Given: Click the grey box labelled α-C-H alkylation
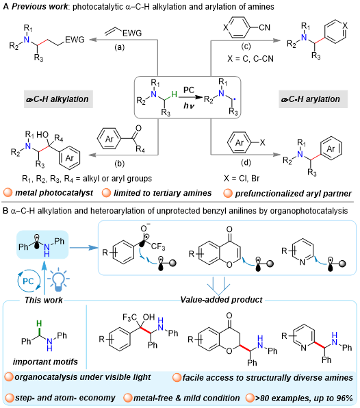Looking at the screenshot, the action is [59, 99].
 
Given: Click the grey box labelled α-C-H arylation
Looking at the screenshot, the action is [313, 99].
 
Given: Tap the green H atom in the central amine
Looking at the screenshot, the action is [174, 94].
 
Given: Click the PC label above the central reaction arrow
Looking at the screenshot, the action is [189, 90].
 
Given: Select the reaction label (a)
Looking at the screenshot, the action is [120, 47].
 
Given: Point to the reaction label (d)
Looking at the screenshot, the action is [246, 163].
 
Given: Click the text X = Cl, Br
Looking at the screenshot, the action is [242, 178].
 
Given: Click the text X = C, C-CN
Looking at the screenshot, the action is [250, 59].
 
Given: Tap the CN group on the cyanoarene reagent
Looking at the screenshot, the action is [265, 27].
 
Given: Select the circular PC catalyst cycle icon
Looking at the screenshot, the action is [29, 281].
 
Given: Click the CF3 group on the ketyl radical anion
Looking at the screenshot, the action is [158, 246].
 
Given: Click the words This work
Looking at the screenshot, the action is [43, 300].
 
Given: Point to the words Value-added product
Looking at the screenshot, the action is [221, 300].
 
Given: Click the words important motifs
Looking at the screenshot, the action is [45, 361].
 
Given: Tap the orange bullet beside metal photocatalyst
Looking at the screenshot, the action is [8, 193].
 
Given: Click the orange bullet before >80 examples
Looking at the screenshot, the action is [250, 398].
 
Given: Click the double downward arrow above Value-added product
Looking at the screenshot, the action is [218, 286].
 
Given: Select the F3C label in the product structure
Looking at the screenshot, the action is [129, 318].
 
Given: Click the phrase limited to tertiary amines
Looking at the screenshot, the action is [163, 193].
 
